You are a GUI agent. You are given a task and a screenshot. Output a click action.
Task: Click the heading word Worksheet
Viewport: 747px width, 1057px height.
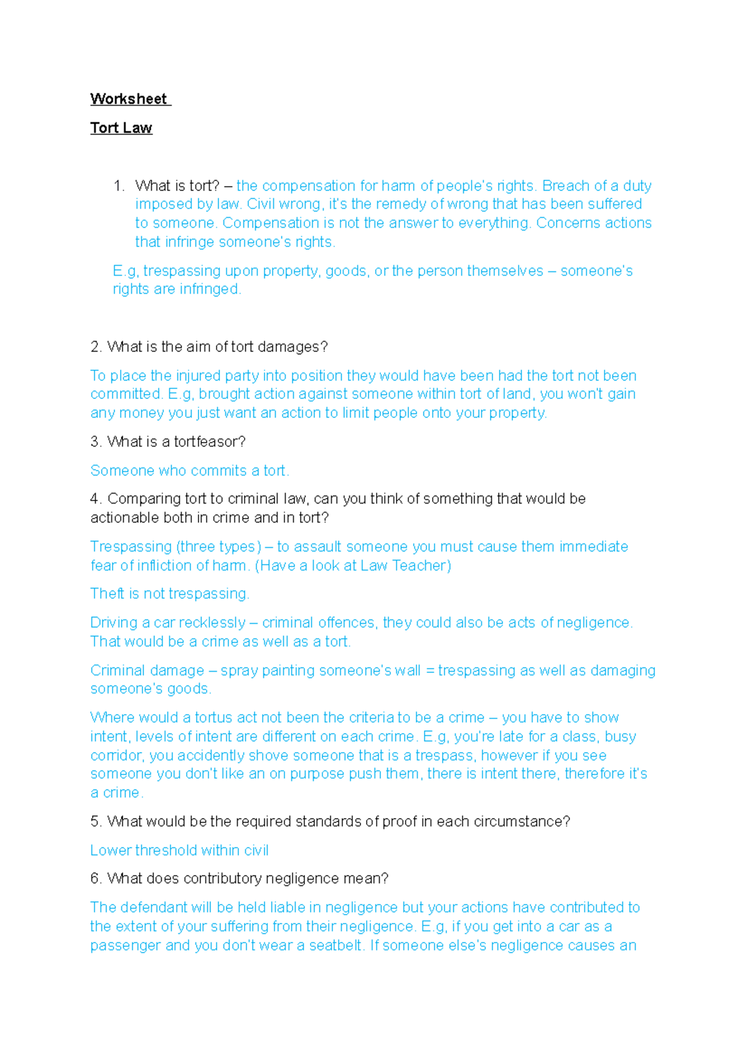pos(128,99)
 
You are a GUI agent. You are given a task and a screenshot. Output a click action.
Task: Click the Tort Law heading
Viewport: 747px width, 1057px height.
pos(121,128)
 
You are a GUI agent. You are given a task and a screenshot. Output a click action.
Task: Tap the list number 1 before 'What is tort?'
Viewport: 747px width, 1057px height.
pos(118,186)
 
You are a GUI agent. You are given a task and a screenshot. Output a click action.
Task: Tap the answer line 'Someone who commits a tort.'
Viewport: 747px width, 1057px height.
pos(189,471)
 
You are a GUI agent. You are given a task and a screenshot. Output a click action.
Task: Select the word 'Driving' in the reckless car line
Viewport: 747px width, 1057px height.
pos(113,622)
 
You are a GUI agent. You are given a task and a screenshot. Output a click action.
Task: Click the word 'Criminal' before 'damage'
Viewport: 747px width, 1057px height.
pos(116,670)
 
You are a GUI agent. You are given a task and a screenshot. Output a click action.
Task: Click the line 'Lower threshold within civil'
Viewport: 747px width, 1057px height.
pos(179,850)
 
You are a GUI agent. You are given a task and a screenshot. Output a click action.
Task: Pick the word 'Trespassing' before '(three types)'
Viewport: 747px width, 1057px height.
pos(131,547)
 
